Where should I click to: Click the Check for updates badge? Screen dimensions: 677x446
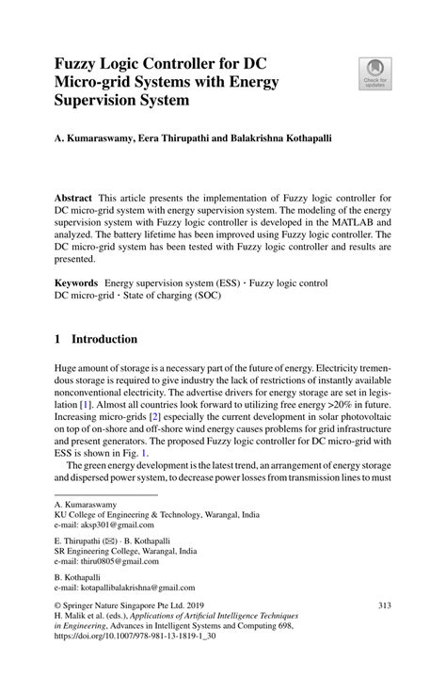click(x=374, y=72)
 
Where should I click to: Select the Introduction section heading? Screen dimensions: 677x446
click(x=99, y=338)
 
